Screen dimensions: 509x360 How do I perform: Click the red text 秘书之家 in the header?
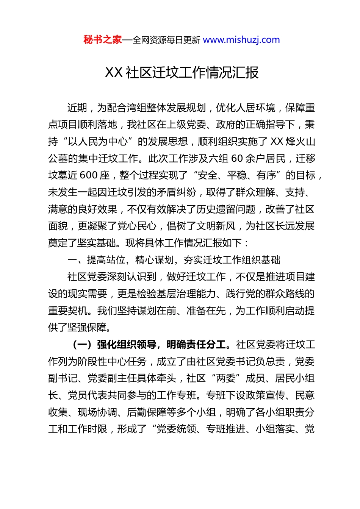point(103,40)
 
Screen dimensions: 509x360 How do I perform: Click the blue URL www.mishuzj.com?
point(241,40)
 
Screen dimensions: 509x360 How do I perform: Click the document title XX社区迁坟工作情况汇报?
point(182,72)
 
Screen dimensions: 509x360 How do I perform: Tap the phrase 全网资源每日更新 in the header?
point(166,40)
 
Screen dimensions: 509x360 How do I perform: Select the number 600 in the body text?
point(89,175)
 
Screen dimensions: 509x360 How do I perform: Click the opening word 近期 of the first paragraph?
point(77,108)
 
